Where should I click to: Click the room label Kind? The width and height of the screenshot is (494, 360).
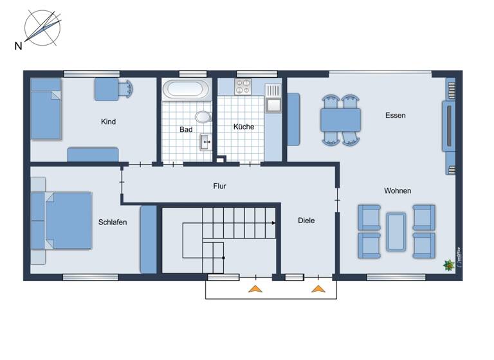(108, 122)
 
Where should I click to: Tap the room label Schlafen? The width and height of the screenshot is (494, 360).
(113, 222)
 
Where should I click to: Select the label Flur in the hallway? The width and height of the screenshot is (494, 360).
(220, 186)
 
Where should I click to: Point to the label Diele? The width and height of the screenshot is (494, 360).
(306, 221)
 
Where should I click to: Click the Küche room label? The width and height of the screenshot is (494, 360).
(244, 127)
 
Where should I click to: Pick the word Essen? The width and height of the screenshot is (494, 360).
(396, 116)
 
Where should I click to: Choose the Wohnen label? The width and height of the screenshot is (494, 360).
(398, 191)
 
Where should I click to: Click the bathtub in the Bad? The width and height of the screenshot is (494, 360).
(185, 89)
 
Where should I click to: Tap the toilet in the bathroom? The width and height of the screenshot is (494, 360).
(204, 116)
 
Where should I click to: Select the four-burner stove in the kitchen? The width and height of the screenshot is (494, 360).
(243, 87)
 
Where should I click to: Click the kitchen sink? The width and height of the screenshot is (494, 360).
(273, 104)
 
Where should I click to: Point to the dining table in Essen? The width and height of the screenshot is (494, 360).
(341, 120)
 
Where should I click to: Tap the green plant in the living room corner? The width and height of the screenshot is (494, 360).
(446, 264)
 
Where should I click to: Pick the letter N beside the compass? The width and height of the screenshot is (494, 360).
(18, 45)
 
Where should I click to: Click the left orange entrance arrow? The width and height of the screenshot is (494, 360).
(255, 289)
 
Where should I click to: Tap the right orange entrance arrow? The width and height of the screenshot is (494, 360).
(318, 289)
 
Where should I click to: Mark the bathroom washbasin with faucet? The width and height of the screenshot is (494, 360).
(205, 141)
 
